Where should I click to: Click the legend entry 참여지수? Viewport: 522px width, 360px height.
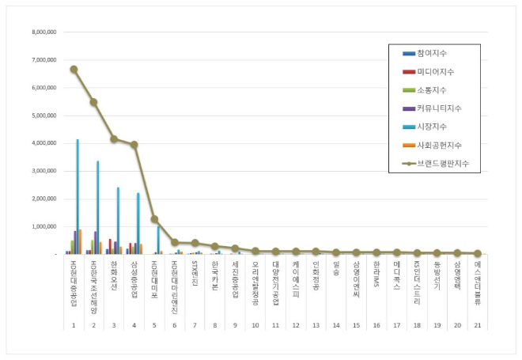(434, 53)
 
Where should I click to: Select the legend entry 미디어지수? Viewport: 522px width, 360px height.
(438, 71)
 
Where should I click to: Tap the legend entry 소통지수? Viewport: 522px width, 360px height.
(434, 89)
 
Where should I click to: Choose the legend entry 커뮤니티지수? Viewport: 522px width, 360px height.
(442, 108)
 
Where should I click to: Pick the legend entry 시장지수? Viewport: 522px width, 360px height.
(434, 127)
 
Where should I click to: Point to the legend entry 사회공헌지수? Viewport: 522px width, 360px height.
(442, 145)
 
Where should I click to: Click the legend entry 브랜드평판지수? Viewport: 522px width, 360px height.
(446, 163)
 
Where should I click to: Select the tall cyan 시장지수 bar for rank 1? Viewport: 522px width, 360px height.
(78, 198)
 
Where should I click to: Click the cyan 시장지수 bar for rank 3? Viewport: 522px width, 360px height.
(118, 222)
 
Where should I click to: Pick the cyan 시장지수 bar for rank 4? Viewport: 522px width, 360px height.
(138, 224)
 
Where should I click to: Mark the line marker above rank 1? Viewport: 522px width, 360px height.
(74, 69)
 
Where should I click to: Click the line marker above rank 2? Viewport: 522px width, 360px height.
(93, 102)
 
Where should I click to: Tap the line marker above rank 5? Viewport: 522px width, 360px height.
(154, 219)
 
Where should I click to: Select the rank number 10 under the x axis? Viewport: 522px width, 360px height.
(255, 325)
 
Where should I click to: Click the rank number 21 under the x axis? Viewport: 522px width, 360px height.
(477, 325)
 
